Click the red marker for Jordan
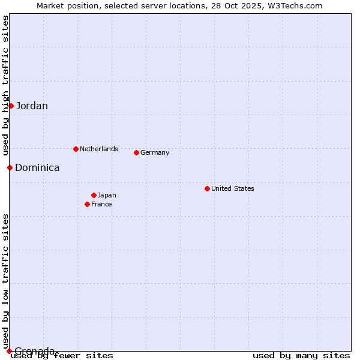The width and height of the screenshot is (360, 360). [11, 106]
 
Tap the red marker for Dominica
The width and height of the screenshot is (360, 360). [10, 167]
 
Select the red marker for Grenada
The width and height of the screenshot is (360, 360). [9, 351]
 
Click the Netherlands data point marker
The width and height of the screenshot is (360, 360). [76, 149]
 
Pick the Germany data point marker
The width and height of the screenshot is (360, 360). [136, 152]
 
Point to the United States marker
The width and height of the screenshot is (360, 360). [207, 188]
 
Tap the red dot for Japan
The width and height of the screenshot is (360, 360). [94, 195]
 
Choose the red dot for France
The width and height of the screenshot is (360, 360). [87, 204]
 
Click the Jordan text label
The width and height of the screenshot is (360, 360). [32, 106]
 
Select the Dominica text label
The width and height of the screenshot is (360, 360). [37, 168]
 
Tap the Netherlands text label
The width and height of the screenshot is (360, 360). [99, 149]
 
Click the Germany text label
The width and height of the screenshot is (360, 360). [155, 152]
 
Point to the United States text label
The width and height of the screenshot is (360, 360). [233, 188]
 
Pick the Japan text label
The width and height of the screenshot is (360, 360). [107, 195]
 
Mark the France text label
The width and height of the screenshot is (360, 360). [101, 204]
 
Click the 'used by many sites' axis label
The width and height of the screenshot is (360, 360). [301, 356]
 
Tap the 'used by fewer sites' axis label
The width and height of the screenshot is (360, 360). [62, 356]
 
